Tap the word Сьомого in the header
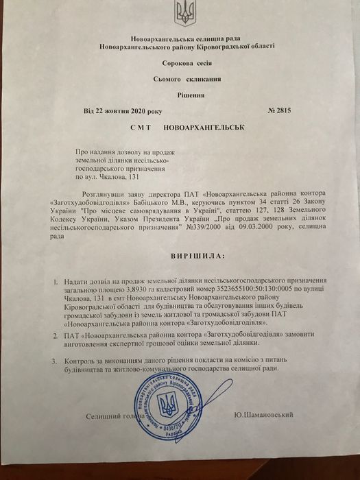167,80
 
